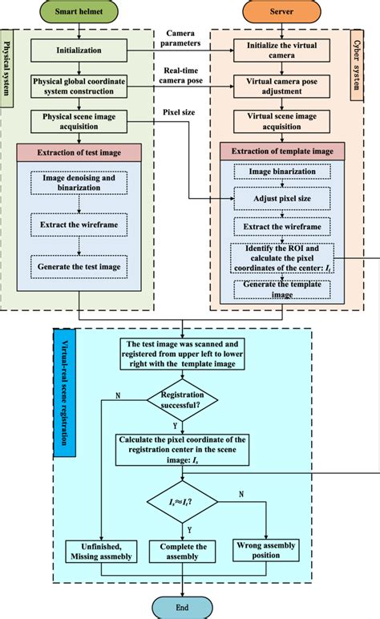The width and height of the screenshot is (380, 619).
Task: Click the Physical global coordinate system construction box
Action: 79,87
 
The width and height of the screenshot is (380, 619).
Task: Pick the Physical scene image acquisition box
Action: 79,121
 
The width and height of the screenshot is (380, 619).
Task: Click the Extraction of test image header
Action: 79,153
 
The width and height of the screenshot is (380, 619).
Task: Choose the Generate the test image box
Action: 79,265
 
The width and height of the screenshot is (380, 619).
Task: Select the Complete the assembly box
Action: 184,552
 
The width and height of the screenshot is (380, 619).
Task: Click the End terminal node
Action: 183,607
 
